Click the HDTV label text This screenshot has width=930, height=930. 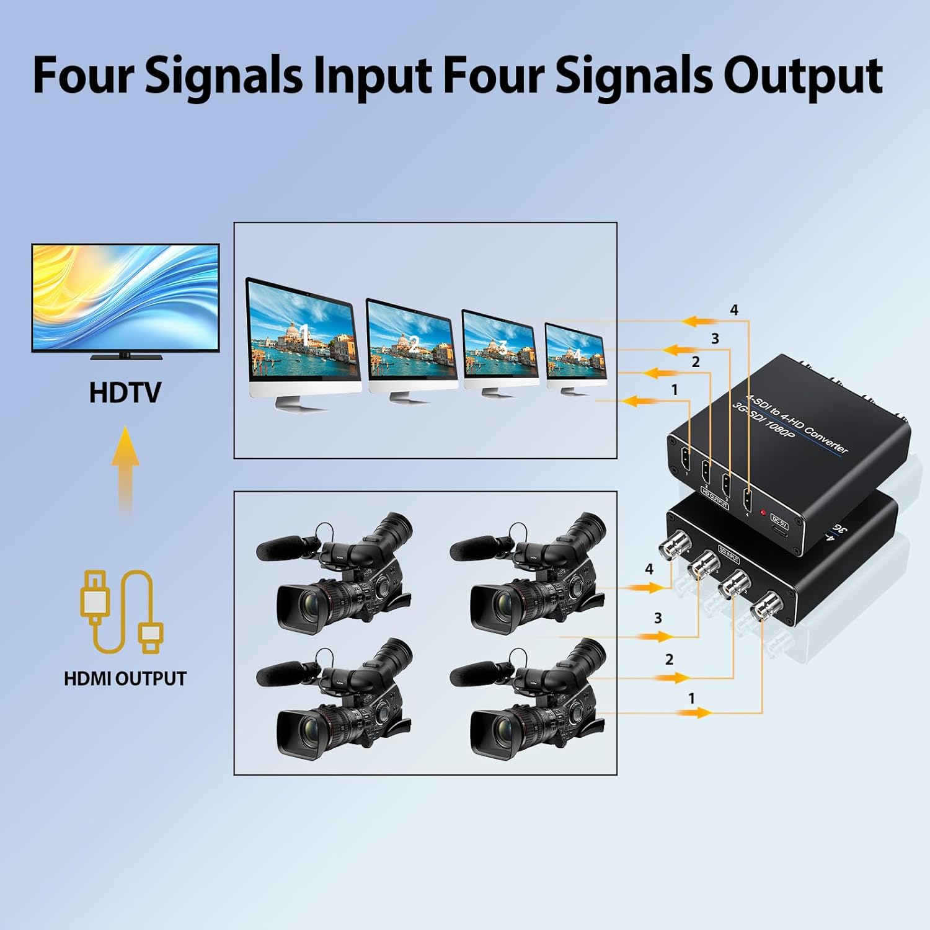point(125,392)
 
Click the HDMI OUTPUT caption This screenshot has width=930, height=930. point(125,678)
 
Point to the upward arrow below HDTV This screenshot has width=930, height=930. point(125,468)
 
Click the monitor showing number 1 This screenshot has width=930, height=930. point(302,338)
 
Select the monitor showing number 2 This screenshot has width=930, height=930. point(411,344)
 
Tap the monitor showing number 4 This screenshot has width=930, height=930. point(575,354)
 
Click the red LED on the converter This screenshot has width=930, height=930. point(763,512)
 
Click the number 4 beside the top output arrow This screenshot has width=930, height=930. point(734,310)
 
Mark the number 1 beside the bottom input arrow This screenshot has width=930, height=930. point(691,699)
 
